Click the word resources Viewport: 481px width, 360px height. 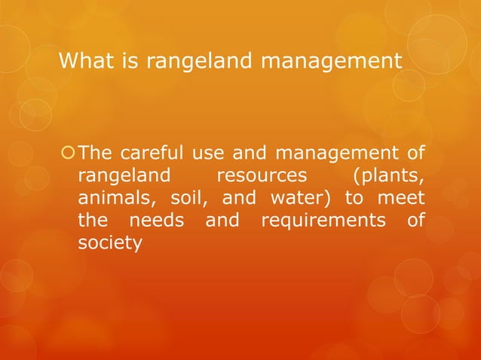[262, 178]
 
